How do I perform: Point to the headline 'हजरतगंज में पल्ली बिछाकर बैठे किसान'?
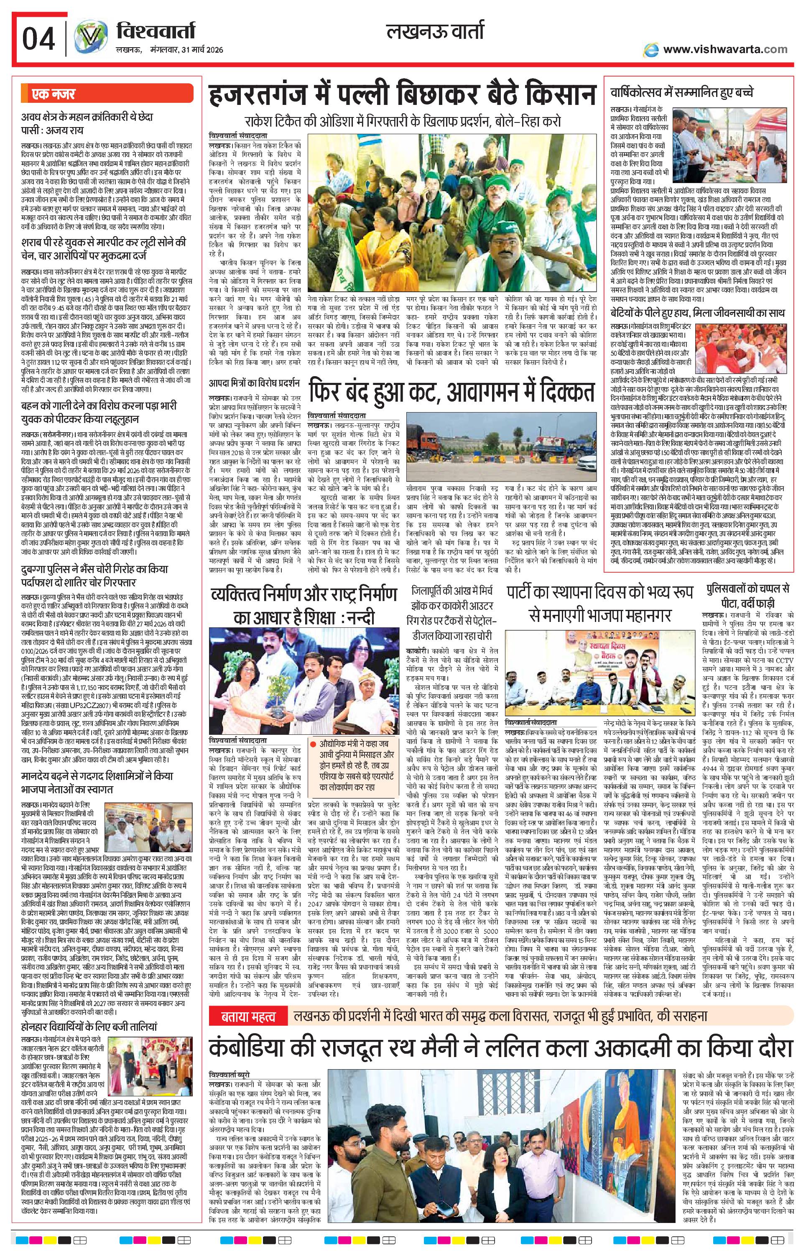(x=402, y=98)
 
